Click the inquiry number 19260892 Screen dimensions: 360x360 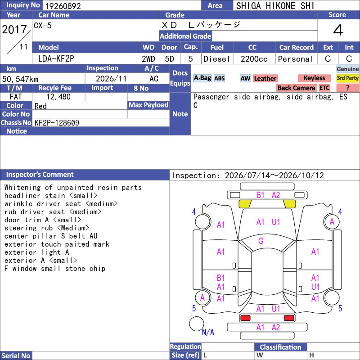63,6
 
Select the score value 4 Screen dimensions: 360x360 338,30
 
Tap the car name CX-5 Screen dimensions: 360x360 43,25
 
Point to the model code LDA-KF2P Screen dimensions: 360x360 56,59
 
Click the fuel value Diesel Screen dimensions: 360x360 217,59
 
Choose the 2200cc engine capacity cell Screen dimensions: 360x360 254,59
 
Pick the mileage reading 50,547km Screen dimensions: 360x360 20,79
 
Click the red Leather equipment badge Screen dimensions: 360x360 265,78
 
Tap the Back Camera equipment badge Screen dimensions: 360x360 296,88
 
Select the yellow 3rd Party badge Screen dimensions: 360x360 347,78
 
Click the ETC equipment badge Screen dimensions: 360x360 324,88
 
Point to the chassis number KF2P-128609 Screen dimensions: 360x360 57,123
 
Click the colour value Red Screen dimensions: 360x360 40,106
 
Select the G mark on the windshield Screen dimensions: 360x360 261,241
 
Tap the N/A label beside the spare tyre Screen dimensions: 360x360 208,332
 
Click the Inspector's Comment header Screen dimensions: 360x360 40,175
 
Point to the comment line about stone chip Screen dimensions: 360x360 54,268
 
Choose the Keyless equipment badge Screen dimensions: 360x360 314,78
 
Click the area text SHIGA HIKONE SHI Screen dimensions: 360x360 275,6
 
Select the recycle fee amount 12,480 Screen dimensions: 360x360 58,97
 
